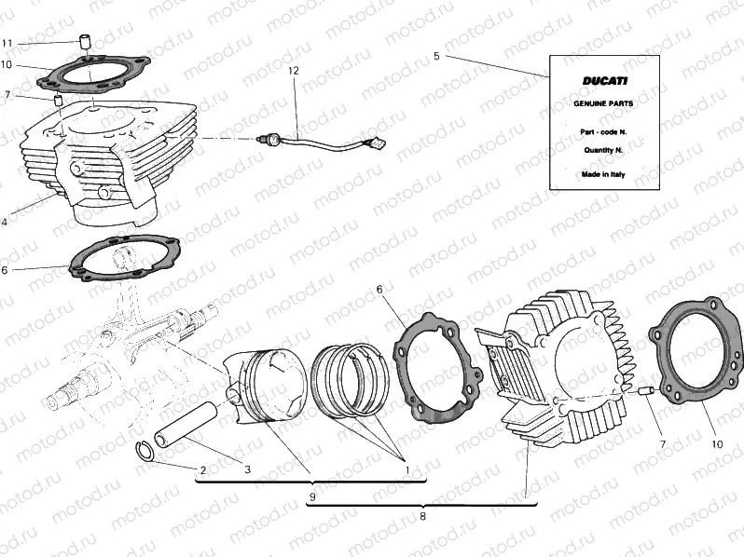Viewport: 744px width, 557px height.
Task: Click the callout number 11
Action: point(7,44)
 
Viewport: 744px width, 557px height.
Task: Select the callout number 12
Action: point(294,71)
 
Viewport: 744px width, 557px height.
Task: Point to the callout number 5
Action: point(436,56)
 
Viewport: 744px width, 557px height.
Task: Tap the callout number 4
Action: point(5,222)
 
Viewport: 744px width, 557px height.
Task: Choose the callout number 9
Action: point(312,497)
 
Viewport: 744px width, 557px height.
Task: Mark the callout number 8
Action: point(422,515)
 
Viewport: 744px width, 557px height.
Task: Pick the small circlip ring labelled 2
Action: point(145,452)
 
